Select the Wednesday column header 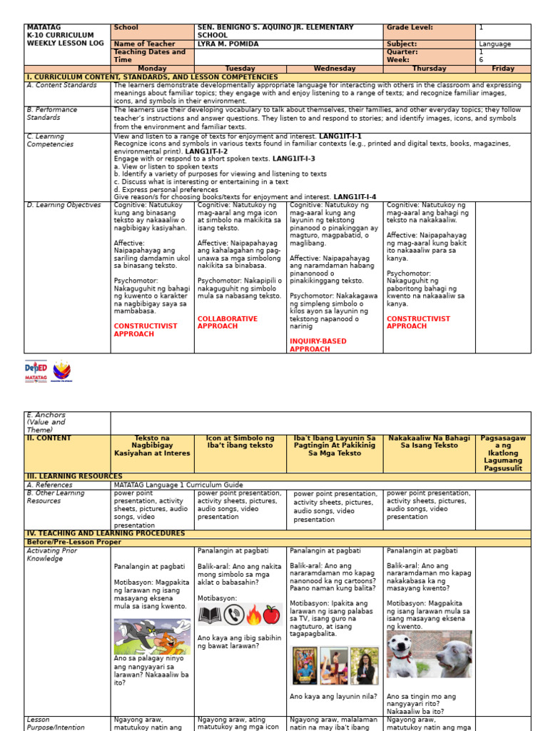[334, 69]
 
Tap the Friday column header [502, 69]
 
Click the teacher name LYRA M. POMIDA [226, 44]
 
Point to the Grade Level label [410, 28]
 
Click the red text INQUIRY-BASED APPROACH [318, 346]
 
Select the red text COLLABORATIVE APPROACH [228, 323]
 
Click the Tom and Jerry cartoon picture [151, 636]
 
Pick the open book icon [210, 615]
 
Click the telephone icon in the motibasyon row [233, 615]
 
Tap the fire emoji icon [253, 615]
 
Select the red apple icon [271, 615]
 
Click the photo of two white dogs [429, 654]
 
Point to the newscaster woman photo [364, 665]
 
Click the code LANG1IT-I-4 [355, 197]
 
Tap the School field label [126, 28]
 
